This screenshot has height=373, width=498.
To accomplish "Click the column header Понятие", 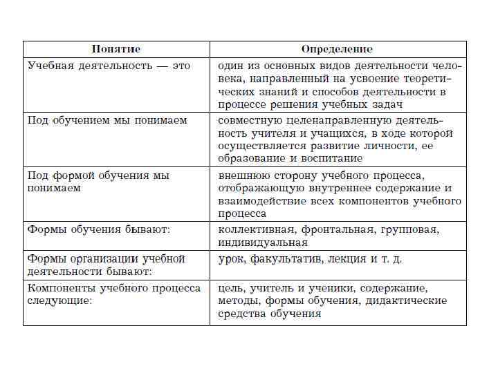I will pyautogui.click(x=116, y=49).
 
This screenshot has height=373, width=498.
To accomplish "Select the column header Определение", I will pyautogui.click(x=337, y=49).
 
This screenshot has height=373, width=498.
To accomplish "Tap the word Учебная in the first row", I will pyautogui.click(x=50, y=66).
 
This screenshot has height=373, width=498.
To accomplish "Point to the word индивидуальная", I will pyautogui.click(x=263, y=243).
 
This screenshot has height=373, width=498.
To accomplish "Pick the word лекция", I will pyautogui.click(x=345, y=259).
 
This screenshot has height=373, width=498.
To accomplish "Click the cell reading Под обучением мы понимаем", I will pyautogui.click(x=107, y=120).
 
